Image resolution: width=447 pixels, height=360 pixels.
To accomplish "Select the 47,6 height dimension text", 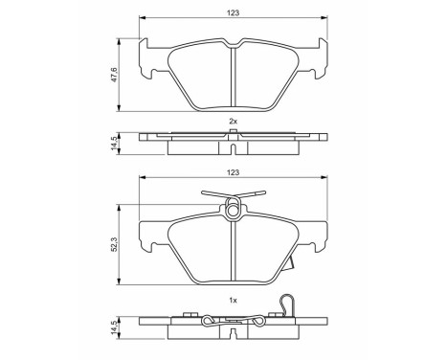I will [115, 74].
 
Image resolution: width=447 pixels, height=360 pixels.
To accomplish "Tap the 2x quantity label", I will [233, 122].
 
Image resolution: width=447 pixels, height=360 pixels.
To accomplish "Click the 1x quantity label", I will [233, 300].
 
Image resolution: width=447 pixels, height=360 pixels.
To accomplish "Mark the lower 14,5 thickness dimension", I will [115, 326].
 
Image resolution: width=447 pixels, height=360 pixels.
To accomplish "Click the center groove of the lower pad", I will [235, 249].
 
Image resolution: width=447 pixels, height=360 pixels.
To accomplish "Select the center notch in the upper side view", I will [235, 146].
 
